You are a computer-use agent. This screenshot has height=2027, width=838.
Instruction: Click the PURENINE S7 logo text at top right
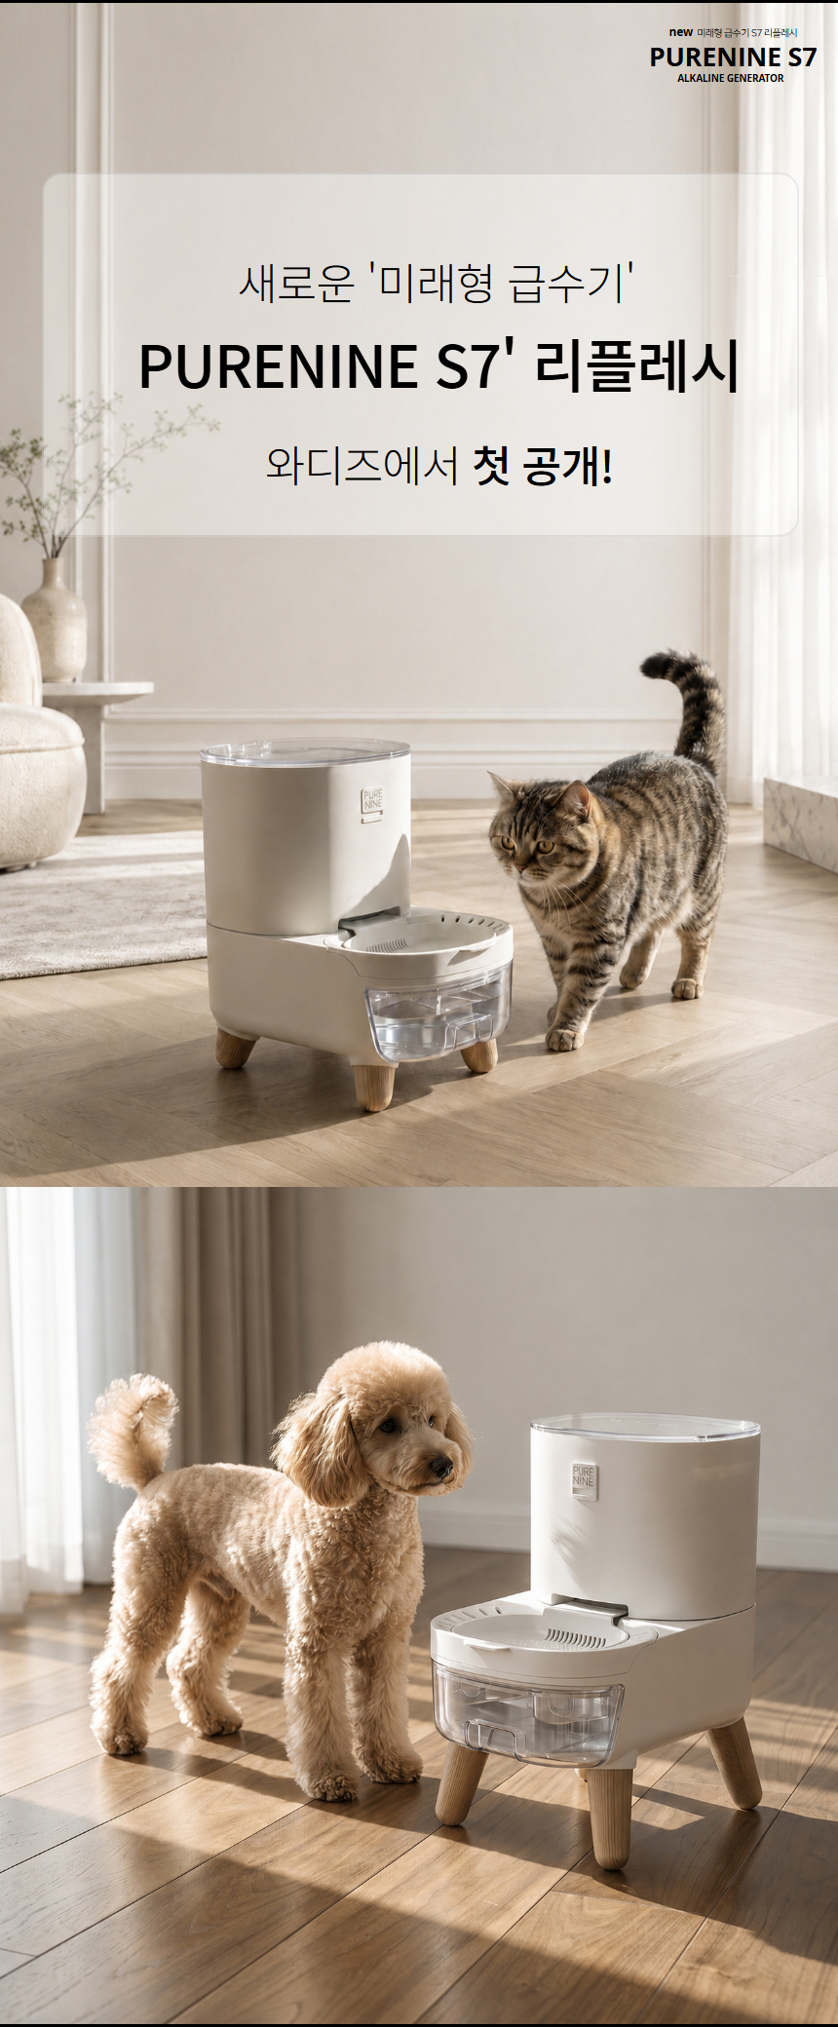pyautogui.click(x=733, y=57)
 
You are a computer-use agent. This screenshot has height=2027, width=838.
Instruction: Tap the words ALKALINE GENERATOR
pyautogui.click(x=730, y=78)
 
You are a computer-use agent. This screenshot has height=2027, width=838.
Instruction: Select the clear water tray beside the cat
pyautogui.click(x=438, y=1022)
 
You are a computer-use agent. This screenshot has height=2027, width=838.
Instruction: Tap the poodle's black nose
pyautogui.click(x=442, y=1467)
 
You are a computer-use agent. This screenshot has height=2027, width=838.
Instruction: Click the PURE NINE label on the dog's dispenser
pyautogui.click(x=582, y=1476)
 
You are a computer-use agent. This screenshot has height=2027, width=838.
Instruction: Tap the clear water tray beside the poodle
pyautogui.click(x=527, y=1711)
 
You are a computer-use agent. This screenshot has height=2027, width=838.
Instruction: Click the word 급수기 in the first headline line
pyautogui.click(x=566, y=284)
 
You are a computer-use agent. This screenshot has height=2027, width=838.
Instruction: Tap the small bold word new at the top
pyautogui.click(x=681, y=32)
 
